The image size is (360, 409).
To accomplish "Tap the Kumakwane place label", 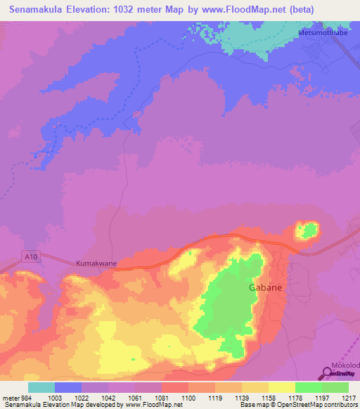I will point(96,264).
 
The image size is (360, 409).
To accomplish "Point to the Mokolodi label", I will point(345,366).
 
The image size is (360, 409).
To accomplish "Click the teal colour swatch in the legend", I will point(41,387).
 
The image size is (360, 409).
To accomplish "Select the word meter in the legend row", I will point(9,397).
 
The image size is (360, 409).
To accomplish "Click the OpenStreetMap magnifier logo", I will point(326,374).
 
